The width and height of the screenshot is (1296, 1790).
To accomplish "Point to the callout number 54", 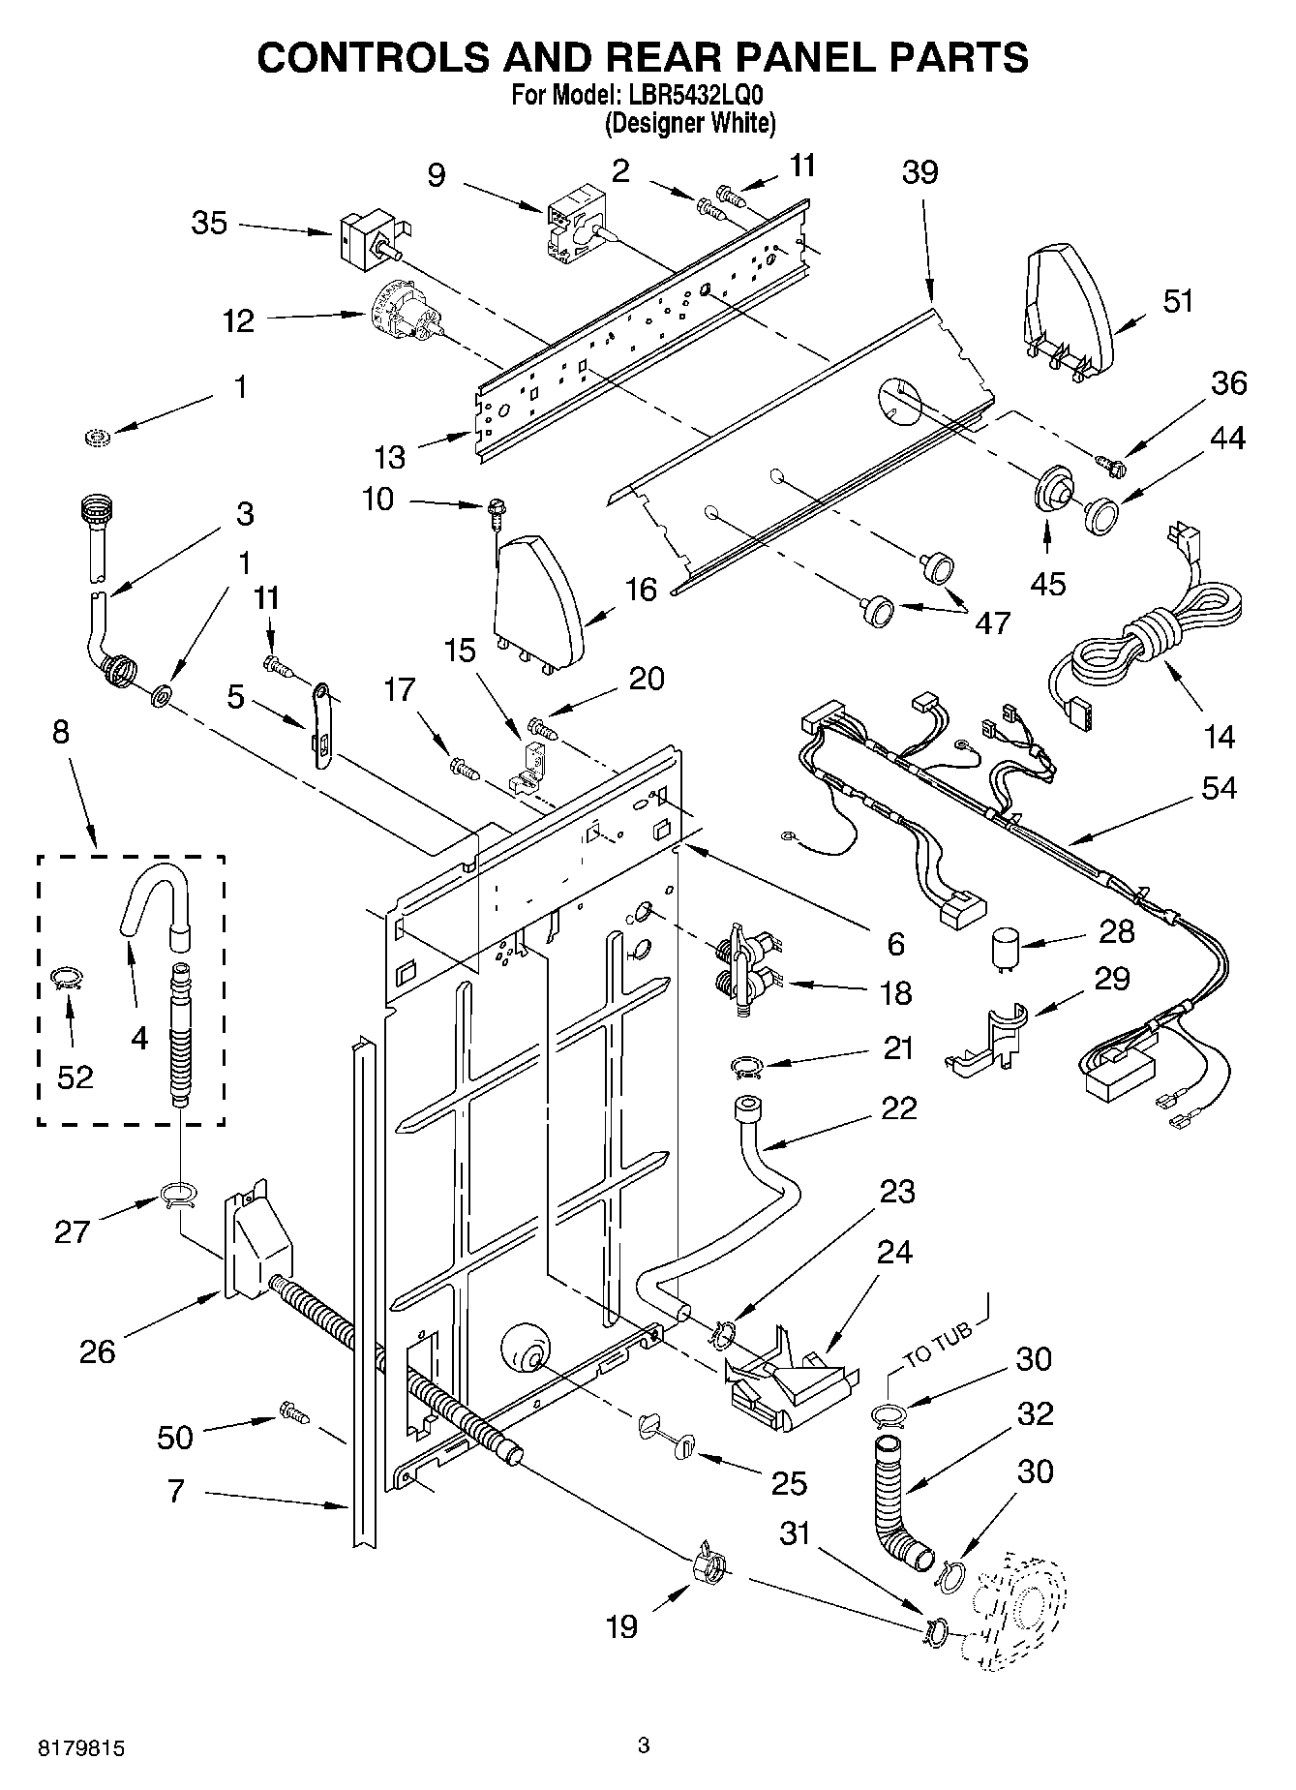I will [x=1219, y=788].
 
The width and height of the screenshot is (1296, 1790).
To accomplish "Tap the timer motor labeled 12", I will [x=406, y=314].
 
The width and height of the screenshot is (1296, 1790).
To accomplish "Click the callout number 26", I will [x=97, y=1350].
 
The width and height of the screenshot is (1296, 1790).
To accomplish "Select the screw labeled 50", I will [x=294, y=1413].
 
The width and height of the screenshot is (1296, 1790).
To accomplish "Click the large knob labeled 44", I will [x=1100, y=513].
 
